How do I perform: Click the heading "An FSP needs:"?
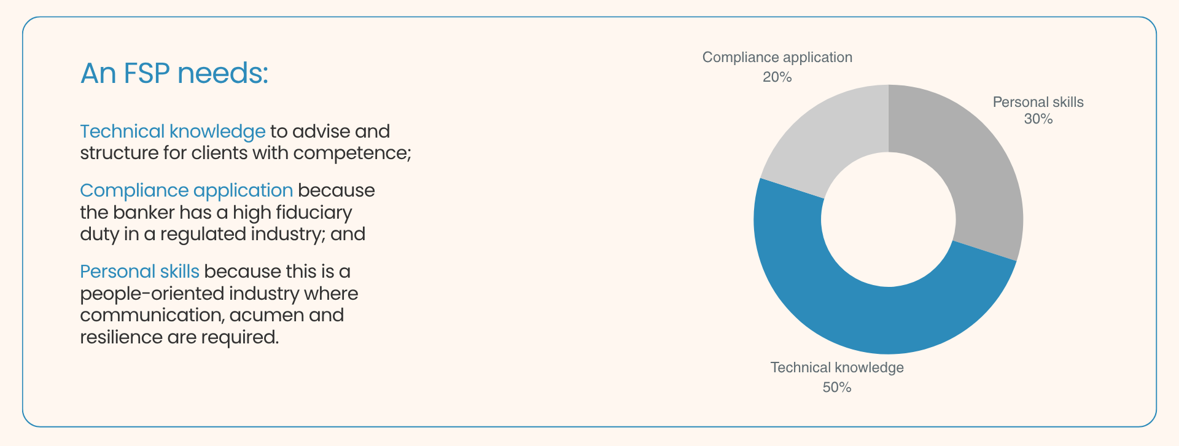coord(174,73)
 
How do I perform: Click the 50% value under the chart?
coord(837,387)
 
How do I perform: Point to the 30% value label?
coord(1038,119)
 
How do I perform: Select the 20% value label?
coord(777,77)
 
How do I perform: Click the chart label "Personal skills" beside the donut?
coord(1038,102)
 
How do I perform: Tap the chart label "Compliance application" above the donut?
coord(777,57)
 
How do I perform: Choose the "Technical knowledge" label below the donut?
coord(837,367)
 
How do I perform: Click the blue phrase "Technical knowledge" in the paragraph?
coord(173,131)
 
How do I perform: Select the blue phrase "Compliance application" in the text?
coord(186,190)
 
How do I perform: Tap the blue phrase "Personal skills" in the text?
coord(139,272)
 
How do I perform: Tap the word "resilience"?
coord(121,337)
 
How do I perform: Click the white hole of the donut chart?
coord(888,219)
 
